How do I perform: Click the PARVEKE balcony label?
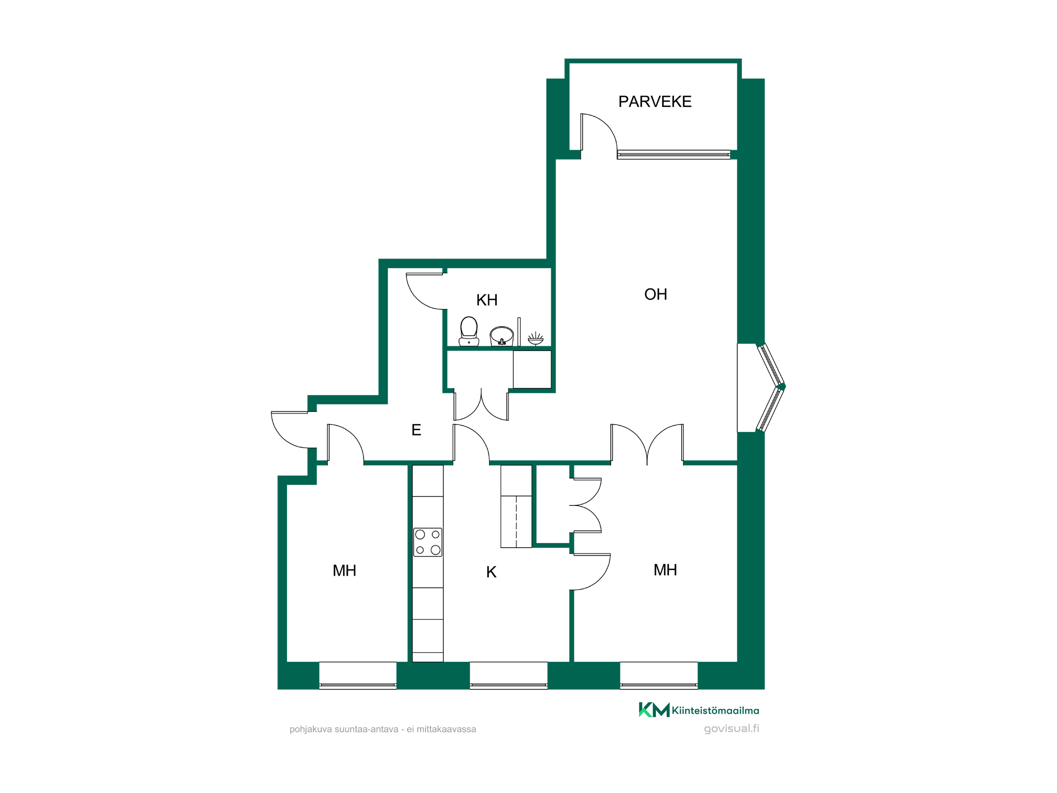pyautogui.click(x=655, y=102)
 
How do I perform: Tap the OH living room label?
pyautogui.click(x=655, y=294)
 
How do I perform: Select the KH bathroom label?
pyautogui.click(x=487, y=300)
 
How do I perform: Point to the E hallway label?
pyautogui.click(x=416, y=430)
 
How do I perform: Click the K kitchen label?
pyautogui.click(x=491, y=572)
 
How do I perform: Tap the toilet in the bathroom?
pyautogui.click(x=469, y=331)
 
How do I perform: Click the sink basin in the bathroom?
pyautogui.click(x=502, y=336)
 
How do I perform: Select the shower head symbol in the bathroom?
pyautogui.click(x=535, y=338)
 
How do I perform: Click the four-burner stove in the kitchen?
pyautogui.click(x=428, y=542)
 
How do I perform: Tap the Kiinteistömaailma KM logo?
pyautogui.click(x=699, y=710)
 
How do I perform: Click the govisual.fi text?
pyautogui.click(x=731, y=729)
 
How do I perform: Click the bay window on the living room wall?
pyautogui.click(x=771, y=388)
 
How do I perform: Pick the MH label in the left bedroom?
pyautogui.click(x=344, y=571)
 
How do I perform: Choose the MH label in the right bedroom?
pyautogui.click(x=665, y=570)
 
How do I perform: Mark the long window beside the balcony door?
pyautogui.click(x=674, y=155)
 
